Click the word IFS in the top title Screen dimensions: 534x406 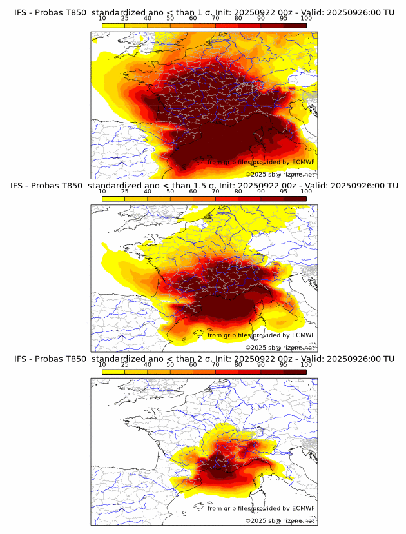coord(21,12)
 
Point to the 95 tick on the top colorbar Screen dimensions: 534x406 coord(284,18)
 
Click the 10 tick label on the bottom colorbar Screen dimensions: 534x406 coord(102,365)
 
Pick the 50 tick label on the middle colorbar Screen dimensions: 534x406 coord(170,192)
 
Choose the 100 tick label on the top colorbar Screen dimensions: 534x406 coord(306,18)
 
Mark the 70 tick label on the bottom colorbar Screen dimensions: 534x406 coord(215,365)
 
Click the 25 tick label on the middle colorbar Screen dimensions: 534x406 coord(125,192)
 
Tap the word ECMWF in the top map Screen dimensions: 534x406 coord(303,162)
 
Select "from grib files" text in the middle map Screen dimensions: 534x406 coord(228,335)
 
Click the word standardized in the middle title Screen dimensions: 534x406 coord(119,186)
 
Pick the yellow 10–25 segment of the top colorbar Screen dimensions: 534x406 coord(113,25)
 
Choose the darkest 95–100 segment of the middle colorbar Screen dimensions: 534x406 coord(295,199)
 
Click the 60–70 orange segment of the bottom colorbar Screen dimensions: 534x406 coord(204,372)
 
